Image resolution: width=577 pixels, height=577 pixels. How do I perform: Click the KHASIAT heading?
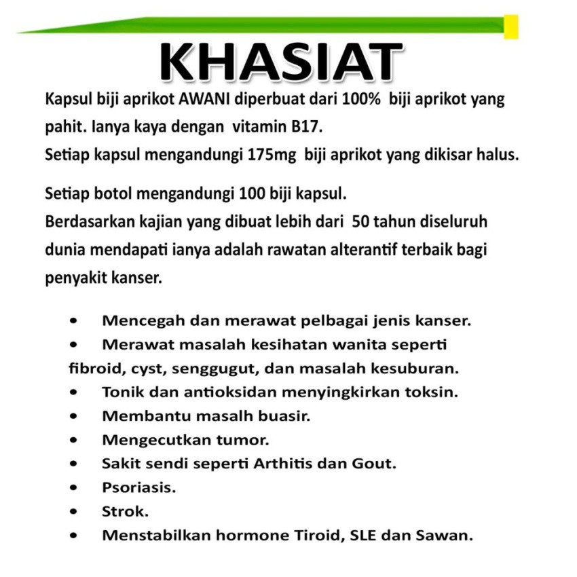(280, 62)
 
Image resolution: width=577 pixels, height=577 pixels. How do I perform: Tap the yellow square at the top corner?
(511, 26)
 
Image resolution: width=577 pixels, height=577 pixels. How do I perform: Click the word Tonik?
(120, 392)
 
